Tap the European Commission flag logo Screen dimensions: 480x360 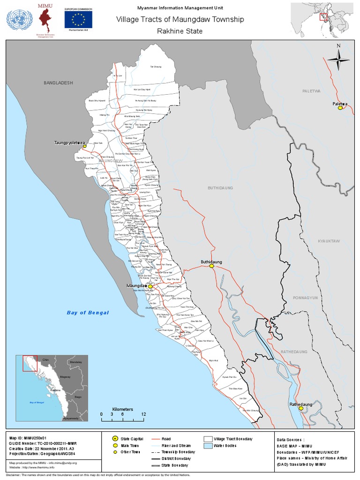78,19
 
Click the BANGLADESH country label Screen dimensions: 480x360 59,82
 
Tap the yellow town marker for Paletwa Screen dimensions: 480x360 341,108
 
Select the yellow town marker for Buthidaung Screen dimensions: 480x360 212,266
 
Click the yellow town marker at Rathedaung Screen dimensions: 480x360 301,408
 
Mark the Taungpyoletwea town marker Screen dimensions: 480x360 85,146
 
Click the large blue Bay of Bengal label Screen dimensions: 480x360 88,313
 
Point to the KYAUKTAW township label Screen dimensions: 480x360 328,241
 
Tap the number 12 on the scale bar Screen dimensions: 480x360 143,414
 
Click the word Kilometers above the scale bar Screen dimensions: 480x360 122,409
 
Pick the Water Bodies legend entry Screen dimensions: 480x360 225,445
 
